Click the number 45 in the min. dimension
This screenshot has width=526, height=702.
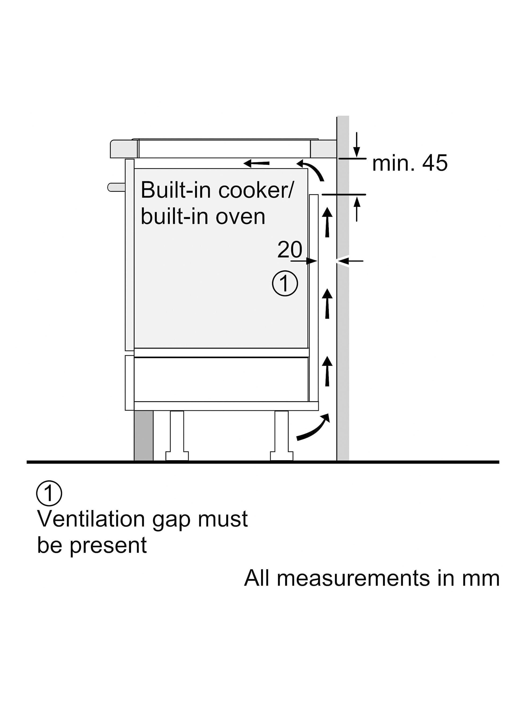click(435, 163)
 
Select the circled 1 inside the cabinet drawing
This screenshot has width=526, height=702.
click(285, 283)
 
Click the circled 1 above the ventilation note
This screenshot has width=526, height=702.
click(49, 494)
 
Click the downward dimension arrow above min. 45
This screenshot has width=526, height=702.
click(357, 144)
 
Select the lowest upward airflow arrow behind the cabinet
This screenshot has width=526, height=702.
click(327, 371)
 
